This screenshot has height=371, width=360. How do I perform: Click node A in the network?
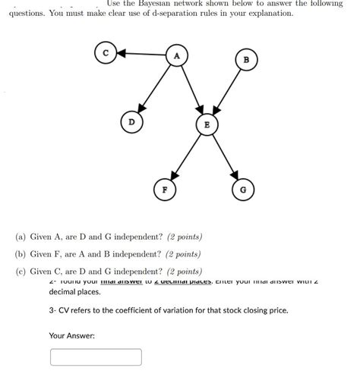[x=177, y=55]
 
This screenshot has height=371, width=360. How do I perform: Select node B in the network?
[x=246, y=60]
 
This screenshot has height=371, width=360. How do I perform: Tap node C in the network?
[x=105, y=52]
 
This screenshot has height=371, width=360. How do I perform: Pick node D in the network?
[x=131, y=121]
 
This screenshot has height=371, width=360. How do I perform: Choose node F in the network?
[x=163, y=187]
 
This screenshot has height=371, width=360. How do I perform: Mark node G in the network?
[x=242, y=189]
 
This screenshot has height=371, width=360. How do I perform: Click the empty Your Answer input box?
[x=96, y=357]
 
